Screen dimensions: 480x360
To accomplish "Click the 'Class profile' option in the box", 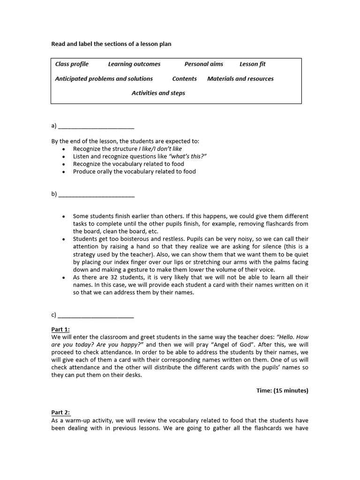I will point(72,64).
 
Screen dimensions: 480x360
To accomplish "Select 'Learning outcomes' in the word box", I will point(134,64).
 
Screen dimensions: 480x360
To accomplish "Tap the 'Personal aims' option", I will point(203,64).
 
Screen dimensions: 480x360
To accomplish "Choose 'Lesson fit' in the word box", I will point(252,64).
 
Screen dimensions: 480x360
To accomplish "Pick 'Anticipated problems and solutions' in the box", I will point(104,79).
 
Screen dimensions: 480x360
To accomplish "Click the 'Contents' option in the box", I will point(184,79).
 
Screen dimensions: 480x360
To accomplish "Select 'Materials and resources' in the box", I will point(240,79).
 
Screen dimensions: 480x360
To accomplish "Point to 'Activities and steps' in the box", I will point(158,93).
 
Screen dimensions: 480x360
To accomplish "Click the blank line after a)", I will point(96,126).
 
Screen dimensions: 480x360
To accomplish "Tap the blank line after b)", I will point(96,195).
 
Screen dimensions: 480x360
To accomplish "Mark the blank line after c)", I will point(96,315).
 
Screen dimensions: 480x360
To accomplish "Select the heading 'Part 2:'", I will point(60,413).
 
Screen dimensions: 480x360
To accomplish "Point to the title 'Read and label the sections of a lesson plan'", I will point(111,44).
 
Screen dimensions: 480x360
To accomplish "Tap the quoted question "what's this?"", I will point(187,157).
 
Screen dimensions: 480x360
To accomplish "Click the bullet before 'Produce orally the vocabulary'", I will point(63,172).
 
